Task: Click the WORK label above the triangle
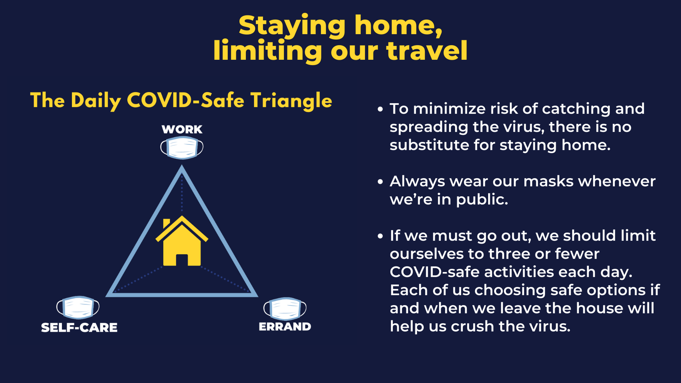pyautogui.click(x=182, y=129)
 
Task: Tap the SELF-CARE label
pyautogui.click(x=79, y=328)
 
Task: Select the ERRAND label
pyautogui.click(x=285, y=327)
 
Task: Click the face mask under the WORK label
pyautogui.click(x=182, y=147)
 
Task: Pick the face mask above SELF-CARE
pyautogui.click(x=78, y=307)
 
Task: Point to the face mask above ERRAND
pyautogui.click(x=285, y=309)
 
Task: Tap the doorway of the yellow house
pyautogui.click(x=182, y=260)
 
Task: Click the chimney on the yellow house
pyautogui.click(x=167, y=223)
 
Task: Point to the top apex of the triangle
pyautogui.click(x=182, y=166)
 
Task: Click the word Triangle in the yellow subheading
pyautogui.click(x=291, y=101)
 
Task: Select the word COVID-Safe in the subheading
pyautogui.click(x=186, y=100)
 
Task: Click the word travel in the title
pyautogui.click(x=427, y=51)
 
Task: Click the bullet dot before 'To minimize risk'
pyautogui.click(x=380, y=109)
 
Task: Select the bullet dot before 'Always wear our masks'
pyautogui.click(x=380, y=182)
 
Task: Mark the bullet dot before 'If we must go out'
pyautogui.click(x=380, y=236)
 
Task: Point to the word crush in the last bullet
pyautogui.click(x=472, y=326)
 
